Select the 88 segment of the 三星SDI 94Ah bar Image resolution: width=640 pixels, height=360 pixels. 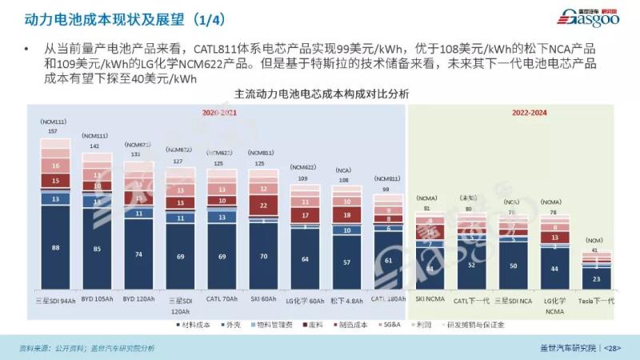[x=55, y=248]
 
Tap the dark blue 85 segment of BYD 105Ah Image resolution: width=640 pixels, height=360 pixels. [x=97, y=249]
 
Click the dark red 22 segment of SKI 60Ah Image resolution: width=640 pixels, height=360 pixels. [x=263, y=206]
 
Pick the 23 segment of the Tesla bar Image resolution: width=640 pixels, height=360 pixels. [x=597, y=278]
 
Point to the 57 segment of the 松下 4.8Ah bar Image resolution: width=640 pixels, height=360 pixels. [x=346, y=262]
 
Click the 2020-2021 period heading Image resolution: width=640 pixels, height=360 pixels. [x=219, y=113]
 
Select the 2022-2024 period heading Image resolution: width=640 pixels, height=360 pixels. [x=529, y=113]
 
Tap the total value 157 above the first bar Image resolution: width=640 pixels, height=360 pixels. [x=53, y=131]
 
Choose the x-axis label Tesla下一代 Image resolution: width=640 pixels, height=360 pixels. [x=596, y=301]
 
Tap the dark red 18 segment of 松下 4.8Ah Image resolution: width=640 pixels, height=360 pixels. [x=346, y=215]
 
